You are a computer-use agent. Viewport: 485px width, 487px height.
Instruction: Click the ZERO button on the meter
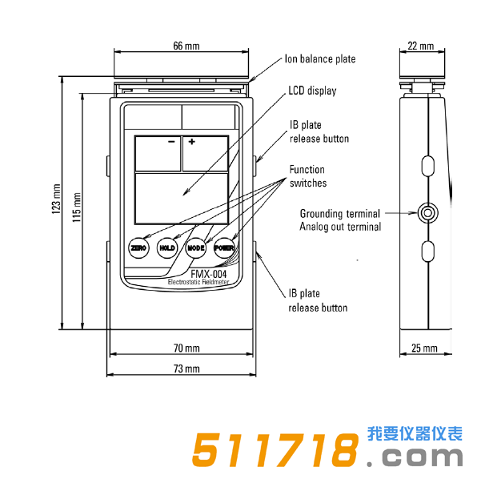pyautogui.click(x=139, y=248)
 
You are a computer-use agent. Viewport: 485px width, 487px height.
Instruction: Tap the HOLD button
pyautogui.click(x=166, y=248)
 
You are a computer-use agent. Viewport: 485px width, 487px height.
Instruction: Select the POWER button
pyautogui.click(x=224, y=248)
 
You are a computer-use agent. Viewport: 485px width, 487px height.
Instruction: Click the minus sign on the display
pyautogui.click(x=171, y=142)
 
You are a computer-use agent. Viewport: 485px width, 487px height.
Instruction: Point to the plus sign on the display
pyautogui.click(x=192, y=142)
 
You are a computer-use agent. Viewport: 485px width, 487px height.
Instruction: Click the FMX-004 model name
pyautogui.click(x=208, y=273)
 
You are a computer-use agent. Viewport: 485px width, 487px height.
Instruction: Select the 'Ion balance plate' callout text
pyautogui.click(x=320, y=59)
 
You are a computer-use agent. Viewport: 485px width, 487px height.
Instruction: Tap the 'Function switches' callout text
pyautogui.click(x=308, y=176)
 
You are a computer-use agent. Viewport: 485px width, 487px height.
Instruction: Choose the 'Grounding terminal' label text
pyautogui.click(x=341, y=214)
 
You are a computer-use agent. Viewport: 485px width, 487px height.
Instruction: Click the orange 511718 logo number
pyautogui.click(x=274, y=453)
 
